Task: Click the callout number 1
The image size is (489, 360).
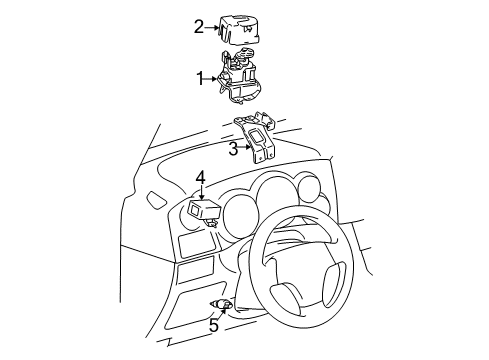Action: [x=199, y=76]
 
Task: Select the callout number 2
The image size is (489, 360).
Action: [x=199, y=26]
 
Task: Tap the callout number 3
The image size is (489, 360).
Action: [x=233, y=150]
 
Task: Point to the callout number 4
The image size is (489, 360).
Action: [x=201, y=178]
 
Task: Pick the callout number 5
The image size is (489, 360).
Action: [x=214, y=323]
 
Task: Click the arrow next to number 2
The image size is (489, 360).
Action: [x=213, y=27]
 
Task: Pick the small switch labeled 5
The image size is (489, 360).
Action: [x=224, y=304]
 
